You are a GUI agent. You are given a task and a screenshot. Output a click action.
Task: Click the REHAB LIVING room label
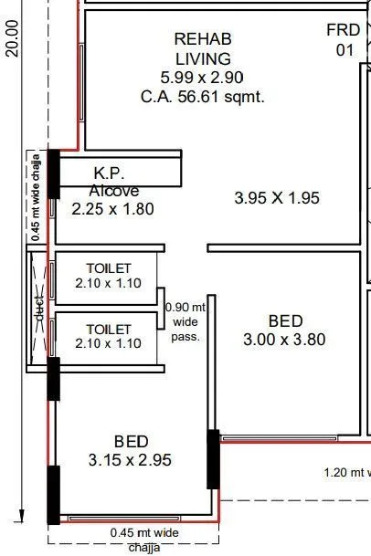coord(203,49)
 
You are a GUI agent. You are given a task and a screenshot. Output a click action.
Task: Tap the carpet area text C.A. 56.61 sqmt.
coord(203,97)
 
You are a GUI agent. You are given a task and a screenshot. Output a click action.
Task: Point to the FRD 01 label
coord(344,40)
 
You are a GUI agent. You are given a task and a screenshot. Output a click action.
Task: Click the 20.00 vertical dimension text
coord(12,38)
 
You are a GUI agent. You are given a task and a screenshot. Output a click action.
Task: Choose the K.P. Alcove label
coord(114,182)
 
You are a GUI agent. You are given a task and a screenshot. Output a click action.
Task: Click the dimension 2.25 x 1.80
coord(113,209)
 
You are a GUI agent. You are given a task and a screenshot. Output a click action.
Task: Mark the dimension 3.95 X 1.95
coord(277,197)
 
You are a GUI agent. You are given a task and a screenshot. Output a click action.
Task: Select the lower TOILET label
coord(109,329)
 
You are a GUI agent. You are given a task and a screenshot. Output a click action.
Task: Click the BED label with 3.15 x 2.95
coord(132,440)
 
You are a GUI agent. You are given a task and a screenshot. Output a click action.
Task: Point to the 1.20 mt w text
coord(347,472)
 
